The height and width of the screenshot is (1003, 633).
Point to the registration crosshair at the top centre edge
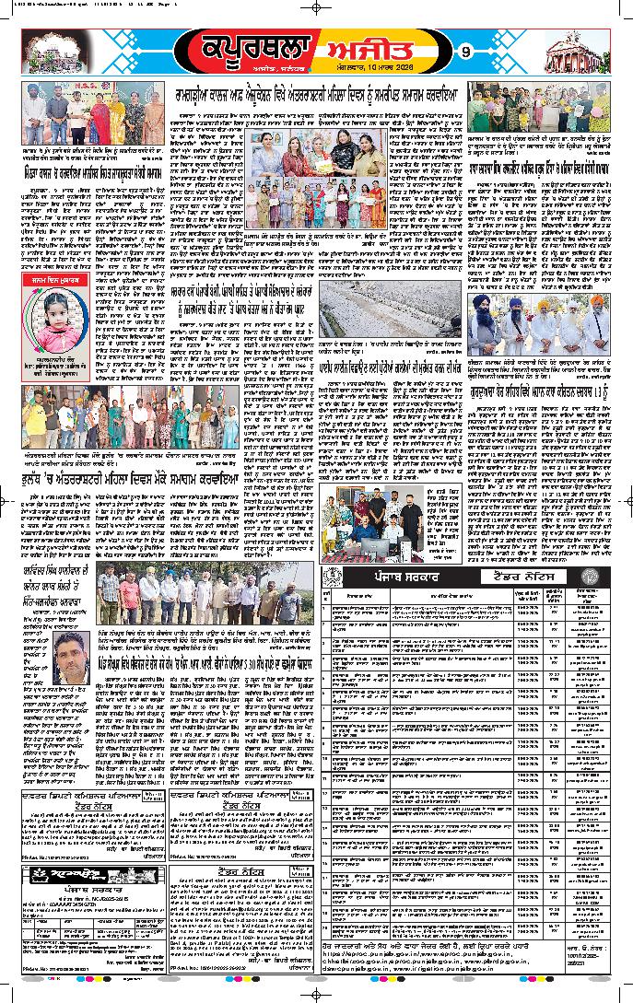click(316, 6)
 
